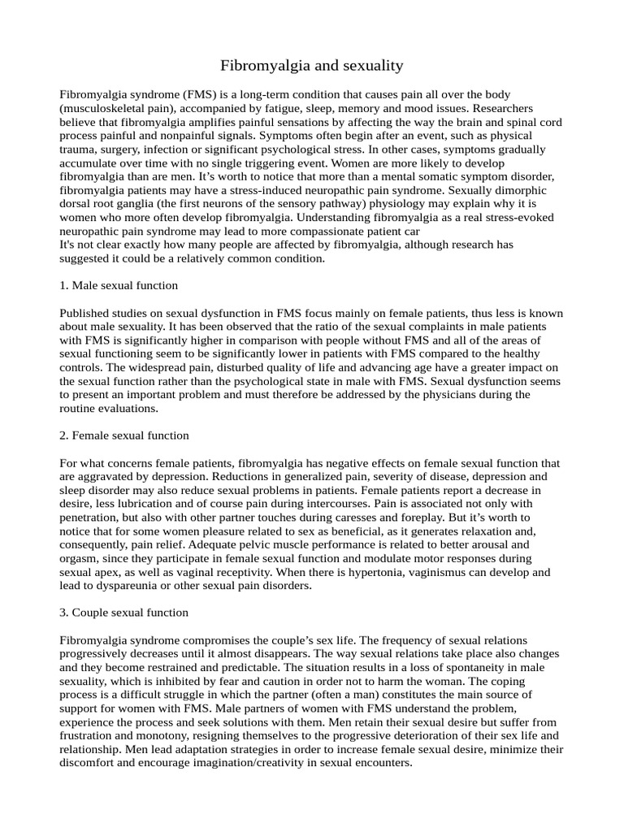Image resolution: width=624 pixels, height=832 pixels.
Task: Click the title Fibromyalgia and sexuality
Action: pyautogui.click(x=312, y=64)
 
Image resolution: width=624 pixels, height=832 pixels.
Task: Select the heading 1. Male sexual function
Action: pyautogui.click(x=119, y=286)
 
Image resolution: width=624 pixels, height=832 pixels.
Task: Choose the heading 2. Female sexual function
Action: pyautogui.click(x=124, y=435)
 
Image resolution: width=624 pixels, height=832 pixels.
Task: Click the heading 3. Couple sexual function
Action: pyautogui.click(x=123, y=613)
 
